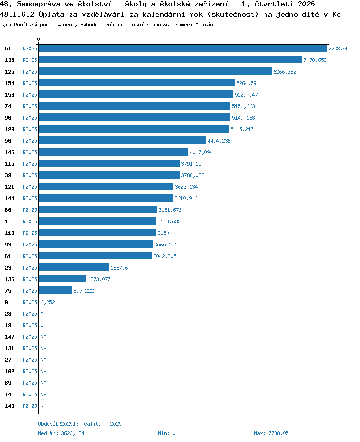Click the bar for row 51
point(183,49)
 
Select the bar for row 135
point(170,60)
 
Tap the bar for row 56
point(122,140)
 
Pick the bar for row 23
point(74,267)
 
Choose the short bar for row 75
point(56,290)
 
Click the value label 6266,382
point(285,72)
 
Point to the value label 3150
point(163,233)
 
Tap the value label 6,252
point(48,302)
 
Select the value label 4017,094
point(201,152)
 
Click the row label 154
point(10,83)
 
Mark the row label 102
point(10,371)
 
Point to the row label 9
point(6,302)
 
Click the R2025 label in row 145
point(30,406)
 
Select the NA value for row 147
point(43,337)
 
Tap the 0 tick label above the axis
point(38,39)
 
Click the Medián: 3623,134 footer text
point(61,433)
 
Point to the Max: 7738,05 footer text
point(271,433)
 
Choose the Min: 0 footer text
point(167,433)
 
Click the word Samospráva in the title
point(38,4)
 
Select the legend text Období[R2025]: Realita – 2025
point(80,424)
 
